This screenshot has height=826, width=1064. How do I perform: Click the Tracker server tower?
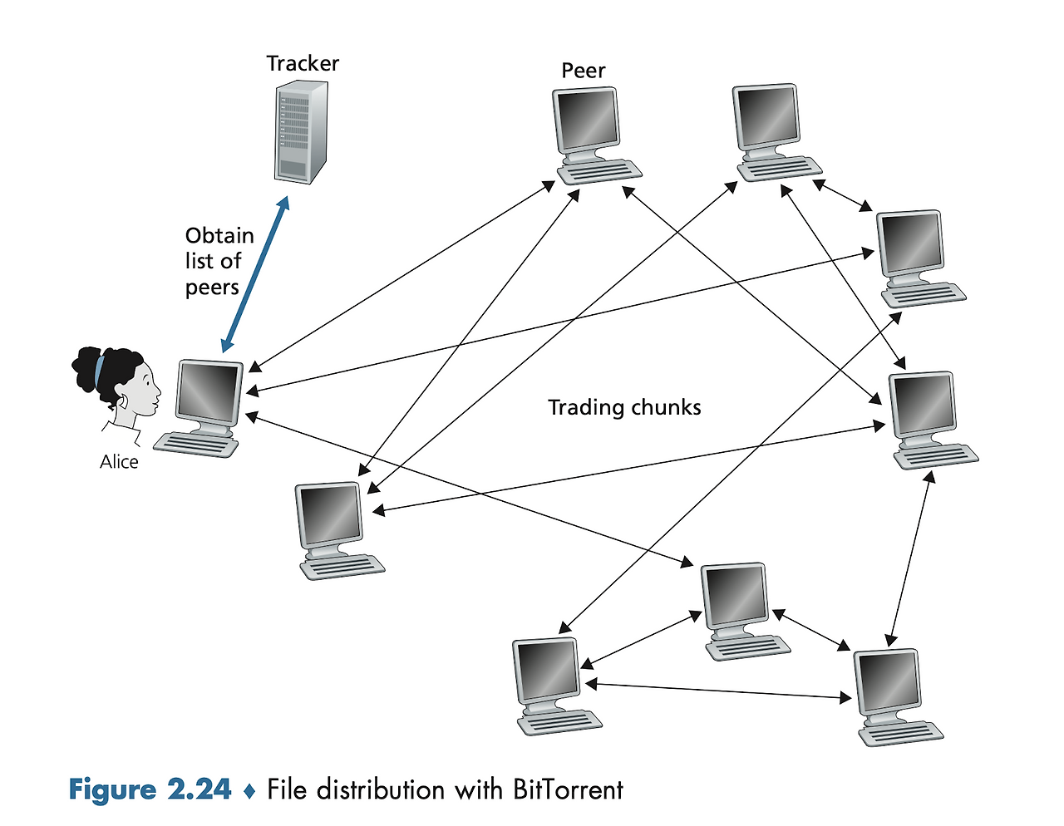point(301,132)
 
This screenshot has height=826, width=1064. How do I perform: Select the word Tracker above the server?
point(303,63)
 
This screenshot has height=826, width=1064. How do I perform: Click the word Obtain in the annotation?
point(219,236)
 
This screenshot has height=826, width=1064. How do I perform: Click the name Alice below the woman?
point(119,462)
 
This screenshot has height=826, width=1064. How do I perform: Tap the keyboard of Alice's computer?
point(196,444)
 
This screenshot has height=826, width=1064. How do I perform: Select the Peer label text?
point(583,71)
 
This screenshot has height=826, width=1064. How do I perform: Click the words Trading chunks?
point(624,407)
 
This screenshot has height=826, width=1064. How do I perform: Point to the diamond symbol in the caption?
point(249,791)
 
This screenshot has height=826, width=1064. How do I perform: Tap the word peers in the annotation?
point(212,288)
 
